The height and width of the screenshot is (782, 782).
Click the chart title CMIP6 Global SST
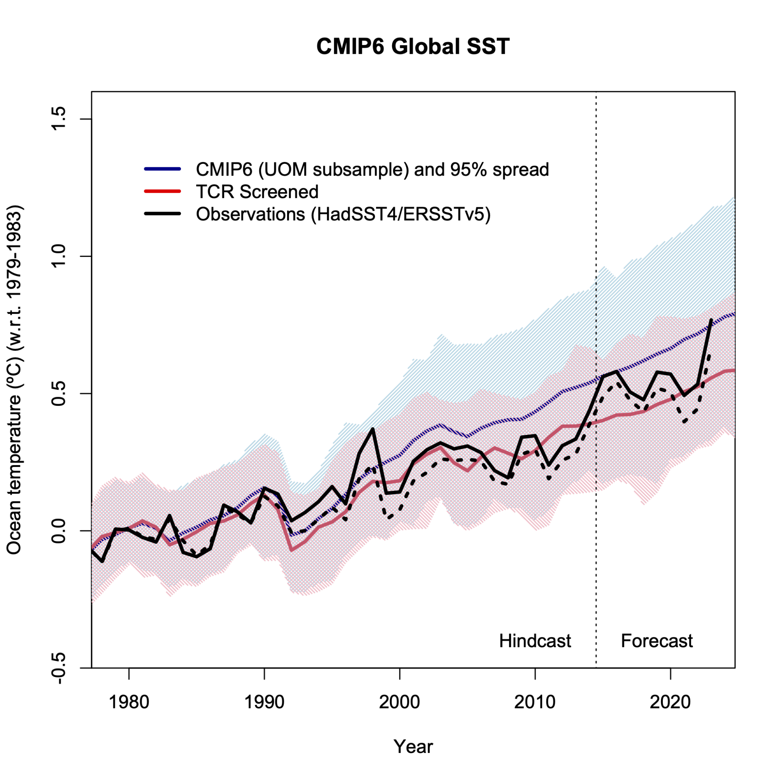[412, 47]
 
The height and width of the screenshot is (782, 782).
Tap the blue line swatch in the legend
[162, 169]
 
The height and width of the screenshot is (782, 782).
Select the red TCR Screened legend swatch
[162, 191]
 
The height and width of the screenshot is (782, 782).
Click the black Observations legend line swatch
[162, 214]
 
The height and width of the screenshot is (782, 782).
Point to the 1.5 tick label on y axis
[59, 119]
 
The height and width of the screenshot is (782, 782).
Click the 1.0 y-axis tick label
[59, 256]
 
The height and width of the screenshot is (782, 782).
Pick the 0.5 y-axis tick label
[59, 393]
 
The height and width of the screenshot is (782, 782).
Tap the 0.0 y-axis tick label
[59, 531]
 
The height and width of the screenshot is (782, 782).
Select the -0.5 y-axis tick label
[59, 668]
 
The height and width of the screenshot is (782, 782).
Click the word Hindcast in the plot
[535, 641]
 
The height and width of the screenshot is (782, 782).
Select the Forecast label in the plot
[656, 641]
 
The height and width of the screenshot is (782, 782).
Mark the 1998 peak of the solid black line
[373, 429]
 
